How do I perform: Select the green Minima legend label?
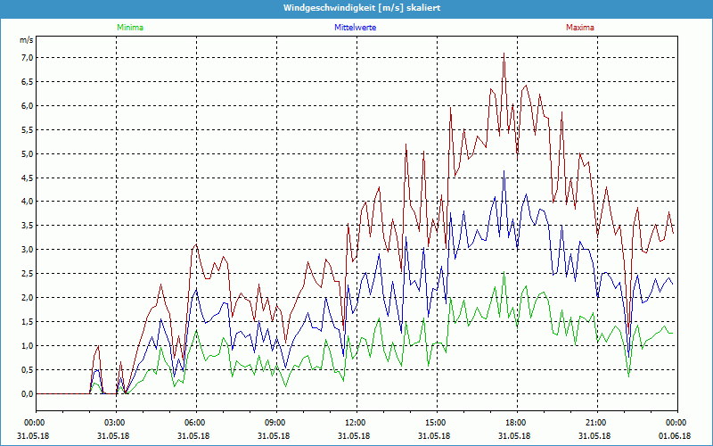click(x=129, y=28)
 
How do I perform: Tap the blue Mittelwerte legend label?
click(x=355, y=28)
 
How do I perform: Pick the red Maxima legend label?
click(x=580, y=28)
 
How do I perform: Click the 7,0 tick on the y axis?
click(x=26, y=58)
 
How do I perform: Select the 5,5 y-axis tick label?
click(x=26, y=130)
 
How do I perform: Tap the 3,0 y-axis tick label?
click(x=26, y=250)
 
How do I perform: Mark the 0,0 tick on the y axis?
click(x=26, y=393)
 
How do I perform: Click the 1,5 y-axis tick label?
click(x=26, y=322)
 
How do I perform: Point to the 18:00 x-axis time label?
click(x=515, y=422)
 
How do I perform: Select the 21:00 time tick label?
click(x=595, y=422)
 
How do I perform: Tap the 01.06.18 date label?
click(x=676, y=435)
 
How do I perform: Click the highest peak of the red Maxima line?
click(x=504, y=54)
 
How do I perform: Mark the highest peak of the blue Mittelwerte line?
click(x=504, y=171)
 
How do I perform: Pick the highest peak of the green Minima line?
click(x=504, y=275)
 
